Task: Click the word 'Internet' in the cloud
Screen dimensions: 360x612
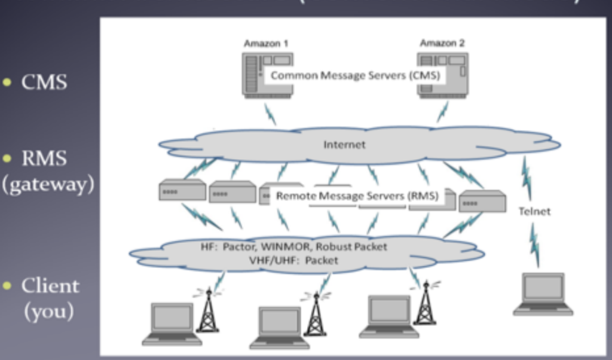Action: pyautogui.click(x=344, y=145)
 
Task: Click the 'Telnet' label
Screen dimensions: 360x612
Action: pyautogui.click(x=534, y=211)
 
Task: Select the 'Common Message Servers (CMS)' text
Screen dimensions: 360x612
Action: pyautogui.click(x=355, y=76)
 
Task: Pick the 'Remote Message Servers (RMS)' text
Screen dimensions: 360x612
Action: pyautogui.click(x=357, y=196)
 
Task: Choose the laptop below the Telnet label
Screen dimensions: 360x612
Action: pyautogui.click(x=543, y=294)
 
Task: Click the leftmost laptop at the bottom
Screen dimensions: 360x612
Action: pyautogui.click(x=172, y=324)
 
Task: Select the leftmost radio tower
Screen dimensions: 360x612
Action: pyautogui.click(x=207, y=310)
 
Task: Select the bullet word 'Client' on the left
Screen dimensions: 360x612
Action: pyautogui.click(x=50, y=286)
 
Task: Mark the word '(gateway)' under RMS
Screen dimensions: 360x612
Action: pyautogui.click(x=48, y=185)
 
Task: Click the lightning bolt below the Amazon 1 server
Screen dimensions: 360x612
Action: pyautogui.click(x=270, y=113)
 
